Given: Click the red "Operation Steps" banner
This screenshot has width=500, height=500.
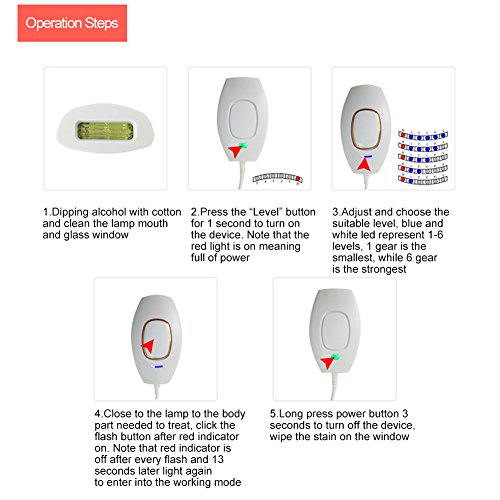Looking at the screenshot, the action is [x=72, y=23].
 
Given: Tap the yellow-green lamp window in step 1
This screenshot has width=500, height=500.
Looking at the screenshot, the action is [x=105, y=131].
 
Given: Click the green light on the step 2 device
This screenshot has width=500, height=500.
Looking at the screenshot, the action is [x=244, y=145].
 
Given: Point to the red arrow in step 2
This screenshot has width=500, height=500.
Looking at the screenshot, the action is [x=236, y=151].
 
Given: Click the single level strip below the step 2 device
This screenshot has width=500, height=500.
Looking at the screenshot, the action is [x=277, y=178].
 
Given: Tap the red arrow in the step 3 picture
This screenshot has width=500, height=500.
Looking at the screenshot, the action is [x=364, y=164].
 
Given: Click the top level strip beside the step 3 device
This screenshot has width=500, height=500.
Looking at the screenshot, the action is [x=423, y=136].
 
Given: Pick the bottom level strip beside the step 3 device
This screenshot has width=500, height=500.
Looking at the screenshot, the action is [x=423, y=180].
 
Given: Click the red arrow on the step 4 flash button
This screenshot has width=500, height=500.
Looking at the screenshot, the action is [x=147, y=346].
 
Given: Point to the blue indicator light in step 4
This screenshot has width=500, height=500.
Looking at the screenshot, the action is [x=158, y=367].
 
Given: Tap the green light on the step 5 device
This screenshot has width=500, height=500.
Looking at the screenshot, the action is [x=336, y=357].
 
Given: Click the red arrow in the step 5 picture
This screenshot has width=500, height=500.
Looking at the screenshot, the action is [x=327, y=362].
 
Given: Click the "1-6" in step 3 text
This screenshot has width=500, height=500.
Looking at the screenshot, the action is [x=436, y=235].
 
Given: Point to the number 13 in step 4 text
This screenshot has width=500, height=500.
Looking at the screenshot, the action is [x=217, y=459].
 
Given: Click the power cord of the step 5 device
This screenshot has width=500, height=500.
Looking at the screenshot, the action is [x=334, y=386].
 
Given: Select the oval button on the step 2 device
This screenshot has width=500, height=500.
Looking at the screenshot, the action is [x=244, y=119].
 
